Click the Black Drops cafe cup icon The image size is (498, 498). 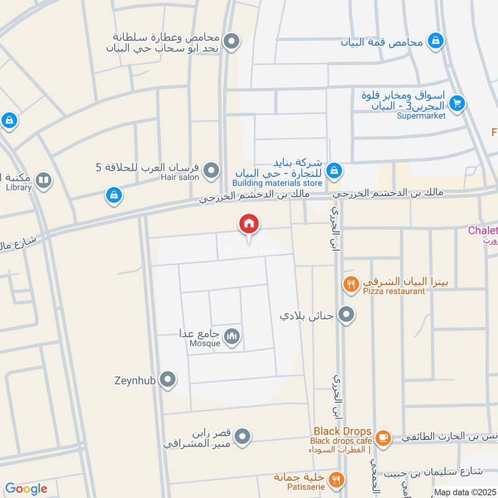pos(383,436)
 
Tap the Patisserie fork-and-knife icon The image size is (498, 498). pos(336,480)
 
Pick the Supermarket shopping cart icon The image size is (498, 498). pos(458,103)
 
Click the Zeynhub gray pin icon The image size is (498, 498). pos(167,379)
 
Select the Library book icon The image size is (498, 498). pos(43,181)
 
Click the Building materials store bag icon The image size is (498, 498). pos(334,170)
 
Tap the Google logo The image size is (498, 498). pos(26,489)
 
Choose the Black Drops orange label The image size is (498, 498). pos(342,431)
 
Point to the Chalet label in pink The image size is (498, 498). pos(482,230)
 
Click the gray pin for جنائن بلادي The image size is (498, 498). pos(346,314)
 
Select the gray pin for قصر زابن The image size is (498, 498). pos(245,436)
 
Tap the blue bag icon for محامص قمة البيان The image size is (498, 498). pos(436,41)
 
